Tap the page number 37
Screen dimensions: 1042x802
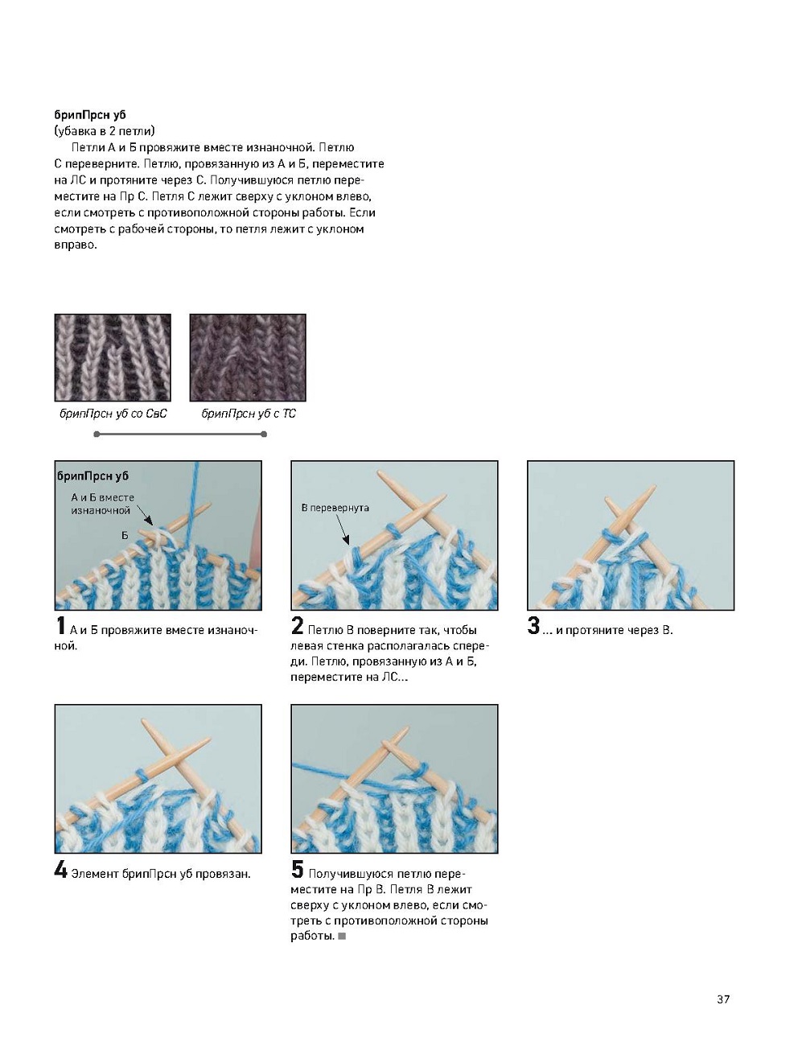coord(723,999)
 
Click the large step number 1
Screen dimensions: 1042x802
coord(60,627)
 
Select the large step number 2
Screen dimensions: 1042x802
coord(298,627)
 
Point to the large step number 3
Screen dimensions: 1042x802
coord(533,627)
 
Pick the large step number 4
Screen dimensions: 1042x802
coord(60,871)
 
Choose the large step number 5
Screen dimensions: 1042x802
coord(298,871)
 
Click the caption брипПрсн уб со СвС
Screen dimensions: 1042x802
coord(113,414)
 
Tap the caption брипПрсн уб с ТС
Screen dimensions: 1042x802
coord(249,414)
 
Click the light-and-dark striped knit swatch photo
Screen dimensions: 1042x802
coord(113,357)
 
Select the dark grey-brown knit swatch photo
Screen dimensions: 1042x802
coord(248,357)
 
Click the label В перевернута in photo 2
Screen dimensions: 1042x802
coord(335,508)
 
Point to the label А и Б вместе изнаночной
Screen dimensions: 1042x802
coord(102,504)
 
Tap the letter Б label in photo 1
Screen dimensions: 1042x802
coord(125,535)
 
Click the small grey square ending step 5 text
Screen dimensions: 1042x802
coord(342,937)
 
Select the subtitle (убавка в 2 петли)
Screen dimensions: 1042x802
coord(105,131)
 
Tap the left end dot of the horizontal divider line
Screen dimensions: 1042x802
coord(97,435)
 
